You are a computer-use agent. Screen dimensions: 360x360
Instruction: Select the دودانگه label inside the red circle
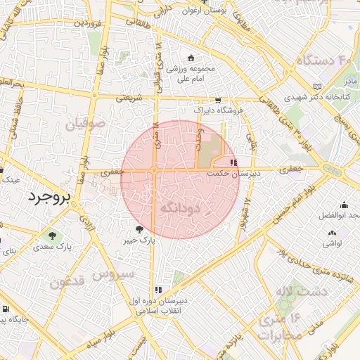click(181, 208)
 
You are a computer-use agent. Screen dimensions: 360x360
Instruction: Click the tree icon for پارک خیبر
click(139, 229)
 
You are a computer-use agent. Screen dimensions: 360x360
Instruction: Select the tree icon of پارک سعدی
click(53, 234)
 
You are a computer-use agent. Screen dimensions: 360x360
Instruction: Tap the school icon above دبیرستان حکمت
click(233, 162)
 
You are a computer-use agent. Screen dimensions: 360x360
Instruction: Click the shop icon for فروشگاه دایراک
click(218, 101)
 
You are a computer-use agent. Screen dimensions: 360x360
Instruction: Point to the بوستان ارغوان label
click(202, 11)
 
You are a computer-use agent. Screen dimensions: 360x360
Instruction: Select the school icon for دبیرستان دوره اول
click(158, 289)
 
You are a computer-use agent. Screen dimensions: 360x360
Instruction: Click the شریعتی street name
click(129, 98)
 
